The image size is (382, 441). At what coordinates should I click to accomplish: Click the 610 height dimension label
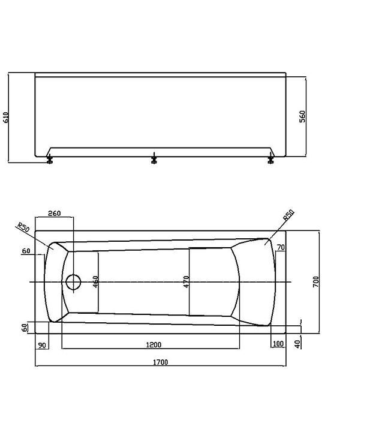click(x=5, y=117)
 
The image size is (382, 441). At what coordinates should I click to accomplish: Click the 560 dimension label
click(x=302, y=116)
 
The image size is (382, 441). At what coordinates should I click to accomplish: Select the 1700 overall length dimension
click(x=160, y=362)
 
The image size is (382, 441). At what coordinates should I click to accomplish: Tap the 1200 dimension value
click(x=154, y=344)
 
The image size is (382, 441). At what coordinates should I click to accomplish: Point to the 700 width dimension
click(x=316, y=281)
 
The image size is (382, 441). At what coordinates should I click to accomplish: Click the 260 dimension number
click(x=54, y=213)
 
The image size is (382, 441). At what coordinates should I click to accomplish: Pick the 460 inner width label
click(x=95, y=281)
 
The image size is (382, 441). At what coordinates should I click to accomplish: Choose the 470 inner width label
click(x=186, y=281)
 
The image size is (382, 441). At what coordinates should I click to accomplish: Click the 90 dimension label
click(x=42, y=345)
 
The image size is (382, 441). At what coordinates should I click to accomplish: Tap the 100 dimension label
click(x=278, y=343)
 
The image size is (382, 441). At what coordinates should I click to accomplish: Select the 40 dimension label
click(x=297, y=344)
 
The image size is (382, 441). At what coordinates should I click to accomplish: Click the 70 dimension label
click(x=281, y=247)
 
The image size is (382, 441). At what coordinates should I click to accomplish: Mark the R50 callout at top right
click(x=288, y=215)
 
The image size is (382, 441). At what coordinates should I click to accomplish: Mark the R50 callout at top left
click(x=23, y=227)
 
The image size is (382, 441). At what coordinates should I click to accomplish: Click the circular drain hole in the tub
click(x=73, y=282)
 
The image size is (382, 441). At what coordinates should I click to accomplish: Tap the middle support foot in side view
click(x=154, y=158)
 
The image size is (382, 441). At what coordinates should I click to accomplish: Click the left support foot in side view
click(x=49, y=159)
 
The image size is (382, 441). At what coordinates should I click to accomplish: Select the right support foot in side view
click(x=270, y=158)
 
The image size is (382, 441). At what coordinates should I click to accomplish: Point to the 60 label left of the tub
click(x=26, y=251)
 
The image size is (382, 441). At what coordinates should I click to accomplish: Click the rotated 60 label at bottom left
click(x=25, y=328)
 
